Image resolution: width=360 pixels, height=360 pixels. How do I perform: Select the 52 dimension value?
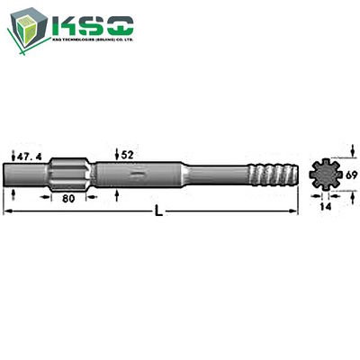pyautogui.click(x=128, y=154)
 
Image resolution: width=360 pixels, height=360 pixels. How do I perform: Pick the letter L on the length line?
pyautogui.click(x=158, y=212)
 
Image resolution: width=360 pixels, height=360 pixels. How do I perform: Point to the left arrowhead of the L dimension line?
pyautogui.click(x=7, y=211)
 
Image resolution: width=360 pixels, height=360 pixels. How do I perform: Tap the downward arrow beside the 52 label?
pyautogui.click(x=119, y=153)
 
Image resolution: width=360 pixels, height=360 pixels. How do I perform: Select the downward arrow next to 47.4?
pyautogui.click(x=13, y=153)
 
